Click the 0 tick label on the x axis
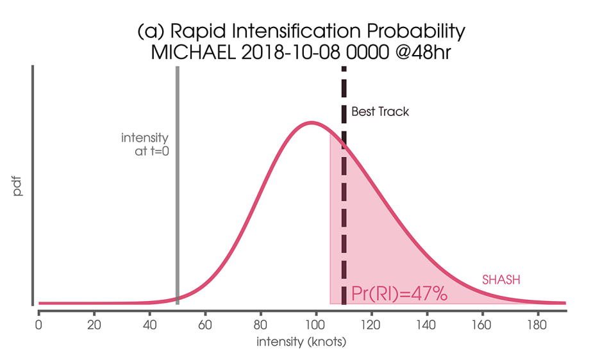39,324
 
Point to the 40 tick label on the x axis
149,324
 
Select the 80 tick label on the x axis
260,324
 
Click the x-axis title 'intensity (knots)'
301,342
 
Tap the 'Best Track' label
379,111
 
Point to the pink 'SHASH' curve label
501,280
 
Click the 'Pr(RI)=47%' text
399,294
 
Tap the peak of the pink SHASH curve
312,122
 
